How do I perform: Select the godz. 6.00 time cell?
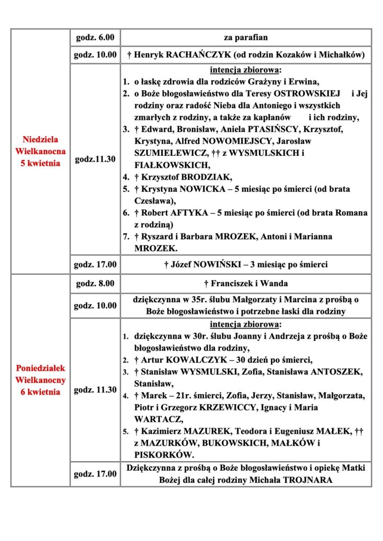point(95,38)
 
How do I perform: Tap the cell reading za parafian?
point(245,38)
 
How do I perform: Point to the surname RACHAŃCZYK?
point(196,54)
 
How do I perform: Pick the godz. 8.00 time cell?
point(95,284)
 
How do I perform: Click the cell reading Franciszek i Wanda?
point(245,284)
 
